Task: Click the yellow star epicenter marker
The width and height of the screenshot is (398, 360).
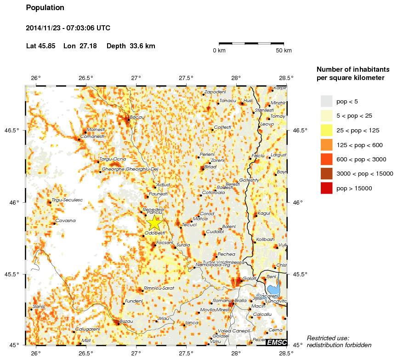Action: (154, 223)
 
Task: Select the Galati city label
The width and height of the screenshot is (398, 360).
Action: (250, 278)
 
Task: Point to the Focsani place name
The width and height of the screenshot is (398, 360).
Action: (165, 242)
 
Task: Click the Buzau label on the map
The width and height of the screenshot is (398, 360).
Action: (126, 321)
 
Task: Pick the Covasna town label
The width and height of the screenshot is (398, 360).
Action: (65, 221)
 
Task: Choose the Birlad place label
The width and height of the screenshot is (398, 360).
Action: (210, 167)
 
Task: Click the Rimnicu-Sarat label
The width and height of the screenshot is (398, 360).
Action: (159, 288)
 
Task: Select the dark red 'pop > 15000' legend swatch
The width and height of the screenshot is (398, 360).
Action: (326, 188)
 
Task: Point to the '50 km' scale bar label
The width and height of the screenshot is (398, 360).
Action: (284, 51)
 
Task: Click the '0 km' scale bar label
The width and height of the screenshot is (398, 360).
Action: (219, 51)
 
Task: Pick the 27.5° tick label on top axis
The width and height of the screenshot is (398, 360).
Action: (186, 78)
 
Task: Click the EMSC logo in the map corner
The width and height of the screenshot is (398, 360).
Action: (277, 342)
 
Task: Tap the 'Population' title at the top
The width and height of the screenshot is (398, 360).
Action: (45, 8)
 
